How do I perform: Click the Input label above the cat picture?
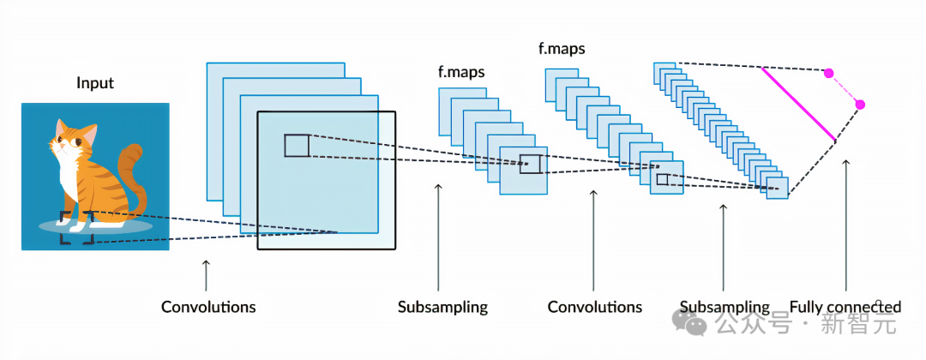coord(95,83)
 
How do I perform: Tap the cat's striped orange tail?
coord(130,177)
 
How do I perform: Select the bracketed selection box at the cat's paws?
coord(77,228)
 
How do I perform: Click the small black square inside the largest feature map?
coord(297,146)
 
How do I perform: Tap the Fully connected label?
coord(845,307)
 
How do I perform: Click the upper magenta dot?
coord(828,74)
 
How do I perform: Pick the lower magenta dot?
coord(860,105)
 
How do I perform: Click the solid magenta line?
coord(798,104)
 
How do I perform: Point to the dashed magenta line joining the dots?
coord(845,89)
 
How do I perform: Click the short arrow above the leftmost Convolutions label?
coord(206,275)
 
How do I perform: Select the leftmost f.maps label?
coord(461,72)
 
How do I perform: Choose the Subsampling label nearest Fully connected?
coord(725,307)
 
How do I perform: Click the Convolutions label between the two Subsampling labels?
coord(594,307)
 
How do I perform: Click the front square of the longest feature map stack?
coord(777,188)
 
